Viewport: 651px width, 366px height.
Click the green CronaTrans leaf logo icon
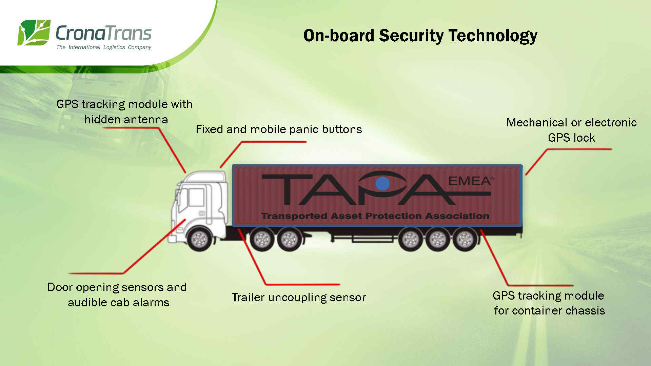[34, 33]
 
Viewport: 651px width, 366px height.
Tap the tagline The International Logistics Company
[104, 47]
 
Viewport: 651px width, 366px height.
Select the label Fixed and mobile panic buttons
[279, 129]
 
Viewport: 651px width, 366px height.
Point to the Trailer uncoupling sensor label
[299, 298]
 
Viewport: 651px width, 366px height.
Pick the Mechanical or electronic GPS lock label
[571, 130]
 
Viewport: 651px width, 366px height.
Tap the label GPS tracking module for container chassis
[549, 303]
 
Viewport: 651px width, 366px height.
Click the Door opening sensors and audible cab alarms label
[117, 295]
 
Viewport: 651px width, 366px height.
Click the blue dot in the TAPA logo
[383, 183]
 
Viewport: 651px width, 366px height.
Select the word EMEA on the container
[469, 181]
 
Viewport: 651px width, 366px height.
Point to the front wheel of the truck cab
[199, 239]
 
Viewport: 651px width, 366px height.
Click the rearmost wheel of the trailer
[465, 239]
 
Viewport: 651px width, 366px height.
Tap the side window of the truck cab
[196, 198]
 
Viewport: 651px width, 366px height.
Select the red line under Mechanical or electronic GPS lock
[576, 149]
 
